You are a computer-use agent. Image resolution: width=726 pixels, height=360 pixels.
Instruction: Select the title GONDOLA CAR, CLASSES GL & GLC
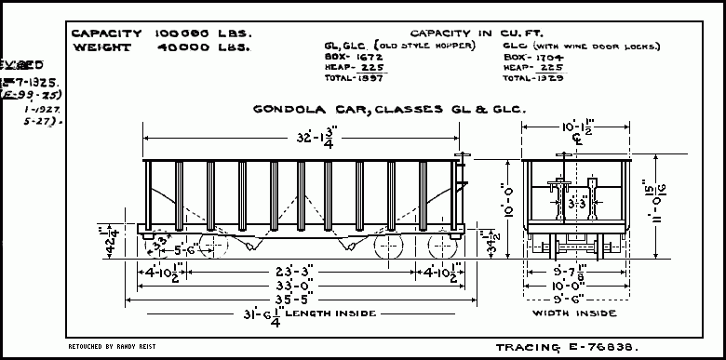coord(390,110)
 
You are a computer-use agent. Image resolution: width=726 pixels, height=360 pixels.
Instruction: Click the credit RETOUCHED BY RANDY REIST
coord(113,345)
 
